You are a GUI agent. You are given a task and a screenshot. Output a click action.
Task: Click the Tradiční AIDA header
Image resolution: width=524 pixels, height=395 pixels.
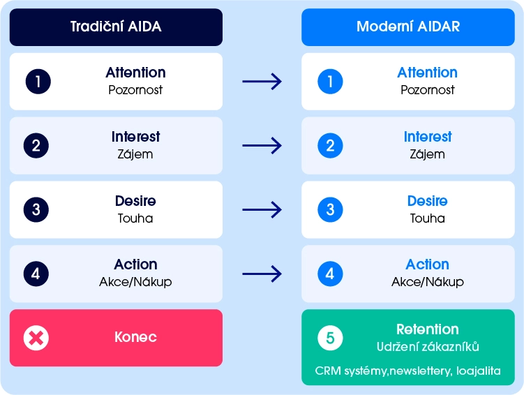coord(116,27)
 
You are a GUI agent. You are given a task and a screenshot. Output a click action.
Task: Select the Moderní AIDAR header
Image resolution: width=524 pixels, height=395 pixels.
coord(408,27)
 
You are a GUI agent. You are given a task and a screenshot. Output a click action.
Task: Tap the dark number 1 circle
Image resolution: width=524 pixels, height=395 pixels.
coord(38,82)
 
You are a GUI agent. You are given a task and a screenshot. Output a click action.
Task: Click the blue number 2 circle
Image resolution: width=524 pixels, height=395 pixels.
coord(330,146)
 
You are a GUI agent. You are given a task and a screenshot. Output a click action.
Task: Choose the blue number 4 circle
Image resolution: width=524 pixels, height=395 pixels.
coord(330,274)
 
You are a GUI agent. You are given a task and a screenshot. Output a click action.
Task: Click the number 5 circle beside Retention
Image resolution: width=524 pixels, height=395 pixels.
coord(330,338)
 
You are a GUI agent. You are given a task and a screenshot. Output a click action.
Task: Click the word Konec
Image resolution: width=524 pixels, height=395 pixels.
coord(135,338)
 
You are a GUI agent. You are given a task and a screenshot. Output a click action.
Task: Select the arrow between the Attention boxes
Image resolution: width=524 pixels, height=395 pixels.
coord(262,82)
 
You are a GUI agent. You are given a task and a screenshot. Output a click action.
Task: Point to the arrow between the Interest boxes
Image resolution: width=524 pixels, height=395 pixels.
coord(262,146)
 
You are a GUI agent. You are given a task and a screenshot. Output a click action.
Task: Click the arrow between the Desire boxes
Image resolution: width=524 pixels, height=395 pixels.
coord(262,209)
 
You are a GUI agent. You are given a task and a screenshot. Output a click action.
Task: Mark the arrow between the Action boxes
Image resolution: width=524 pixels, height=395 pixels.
coord(262,274)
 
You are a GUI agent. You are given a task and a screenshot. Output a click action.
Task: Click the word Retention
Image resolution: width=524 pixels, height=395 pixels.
coord(427,329)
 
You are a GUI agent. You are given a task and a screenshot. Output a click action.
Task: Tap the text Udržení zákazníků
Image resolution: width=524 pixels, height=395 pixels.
coord(427,347)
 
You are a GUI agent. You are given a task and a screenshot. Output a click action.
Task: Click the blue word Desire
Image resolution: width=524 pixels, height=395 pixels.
coord(427,201)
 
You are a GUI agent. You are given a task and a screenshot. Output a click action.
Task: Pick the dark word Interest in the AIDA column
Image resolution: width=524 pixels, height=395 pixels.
coord(135,137)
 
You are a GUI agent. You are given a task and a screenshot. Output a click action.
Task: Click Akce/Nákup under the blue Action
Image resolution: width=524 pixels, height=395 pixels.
coord(427,282)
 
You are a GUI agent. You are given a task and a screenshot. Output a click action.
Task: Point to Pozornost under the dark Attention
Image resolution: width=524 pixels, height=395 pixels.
coord(135,90)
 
